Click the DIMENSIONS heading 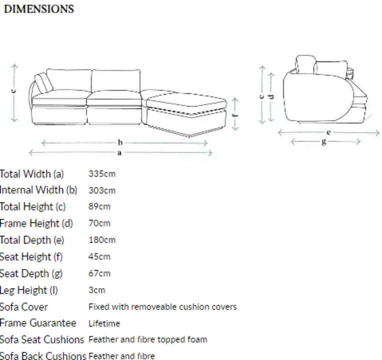(x=39, y=9)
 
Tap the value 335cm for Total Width (x=102, y=174)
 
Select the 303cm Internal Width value (x=102, y=190)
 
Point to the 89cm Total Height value (x=100, y=206)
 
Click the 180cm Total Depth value (x=102, y=240)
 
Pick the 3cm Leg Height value (x=97, y=290)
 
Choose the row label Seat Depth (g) (x=31, y=274)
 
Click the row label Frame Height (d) (x=37, y=223)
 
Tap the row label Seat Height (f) (x=31, y=257)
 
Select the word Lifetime (x=104, y=323)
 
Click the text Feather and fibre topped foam (x=148, y=339)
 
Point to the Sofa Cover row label (x=24, y=307)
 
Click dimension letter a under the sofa (x=119, y=153)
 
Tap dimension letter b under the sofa (x=120, y=142)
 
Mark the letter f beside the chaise (x=235, y=115)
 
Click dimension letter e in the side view (x=328, y=132)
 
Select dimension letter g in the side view (x=324, y=141)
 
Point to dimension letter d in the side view (x=271, y=97)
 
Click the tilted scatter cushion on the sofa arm (x=44, y=82)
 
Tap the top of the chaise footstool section (x=186, y=100)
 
